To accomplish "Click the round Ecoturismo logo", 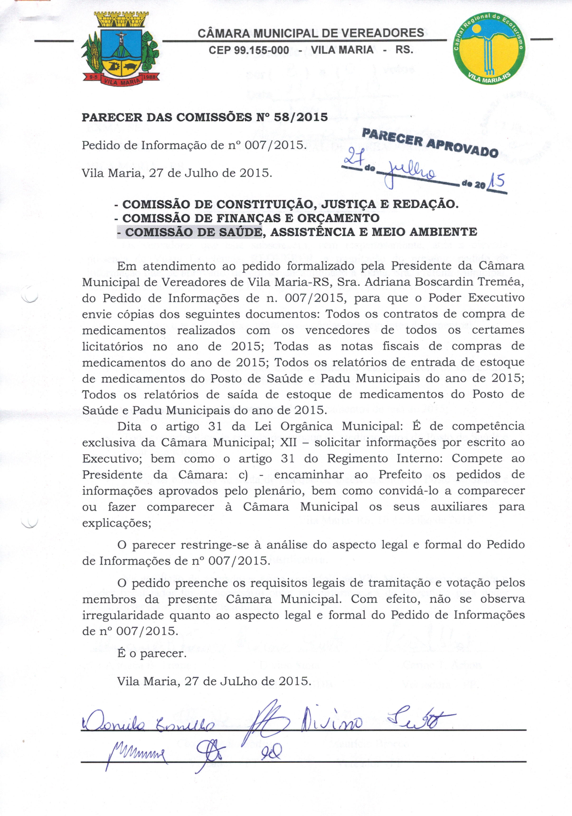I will point(489,49).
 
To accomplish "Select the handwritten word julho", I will point(411,173).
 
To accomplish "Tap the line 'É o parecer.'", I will point(151,653).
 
